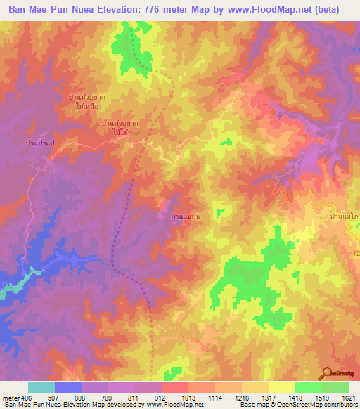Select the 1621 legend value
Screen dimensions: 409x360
click(x=348, y=397)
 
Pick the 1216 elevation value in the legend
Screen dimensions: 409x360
click(x=242, y=397)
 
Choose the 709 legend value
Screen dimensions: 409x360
click(x=108, y=397)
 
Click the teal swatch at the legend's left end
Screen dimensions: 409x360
click(x=41, y=387)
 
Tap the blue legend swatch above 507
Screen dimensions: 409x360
click(x=67, y=387)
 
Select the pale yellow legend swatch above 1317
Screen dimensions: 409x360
click(x=281, y=387)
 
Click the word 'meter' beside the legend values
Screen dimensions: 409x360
click(x=11, y=397)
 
